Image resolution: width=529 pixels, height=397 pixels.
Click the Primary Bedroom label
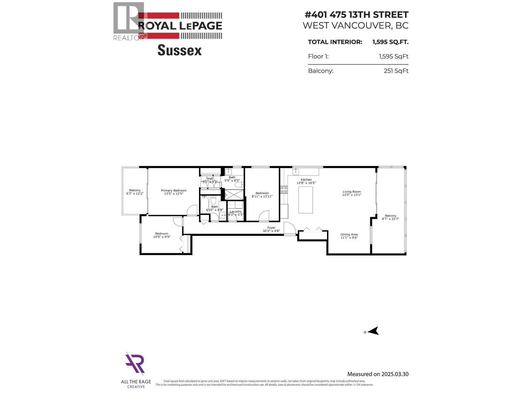(174, 191)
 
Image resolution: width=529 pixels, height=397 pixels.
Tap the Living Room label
(352, 192)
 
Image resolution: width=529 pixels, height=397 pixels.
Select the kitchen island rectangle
(305, 200)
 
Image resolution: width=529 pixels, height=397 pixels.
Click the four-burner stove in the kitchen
(284, 190)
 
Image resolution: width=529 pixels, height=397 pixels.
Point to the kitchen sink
(296, 171)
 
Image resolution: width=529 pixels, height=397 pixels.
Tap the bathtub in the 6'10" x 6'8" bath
(204, 204)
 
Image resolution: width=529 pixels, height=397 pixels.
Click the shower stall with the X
(234, 194)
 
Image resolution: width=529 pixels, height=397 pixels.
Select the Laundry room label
(236, 211)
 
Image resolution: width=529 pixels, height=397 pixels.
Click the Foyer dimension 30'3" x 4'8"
(271, 231)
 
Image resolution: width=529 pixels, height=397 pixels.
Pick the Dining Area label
(349, 235)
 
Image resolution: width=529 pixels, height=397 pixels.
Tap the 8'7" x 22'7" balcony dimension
(390, 219)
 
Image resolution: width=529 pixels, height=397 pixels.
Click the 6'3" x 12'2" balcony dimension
(135, 194)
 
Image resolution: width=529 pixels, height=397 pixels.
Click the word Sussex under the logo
(180, 50)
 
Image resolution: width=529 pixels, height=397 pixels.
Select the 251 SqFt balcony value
(396, 71)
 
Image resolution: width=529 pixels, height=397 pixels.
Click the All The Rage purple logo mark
(135, 364)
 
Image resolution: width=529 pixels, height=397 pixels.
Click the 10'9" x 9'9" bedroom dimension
(162, 237)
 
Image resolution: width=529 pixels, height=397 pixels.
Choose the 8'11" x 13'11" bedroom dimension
(262, 197)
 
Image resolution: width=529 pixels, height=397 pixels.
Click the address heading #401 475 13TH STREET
(356, 15)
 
